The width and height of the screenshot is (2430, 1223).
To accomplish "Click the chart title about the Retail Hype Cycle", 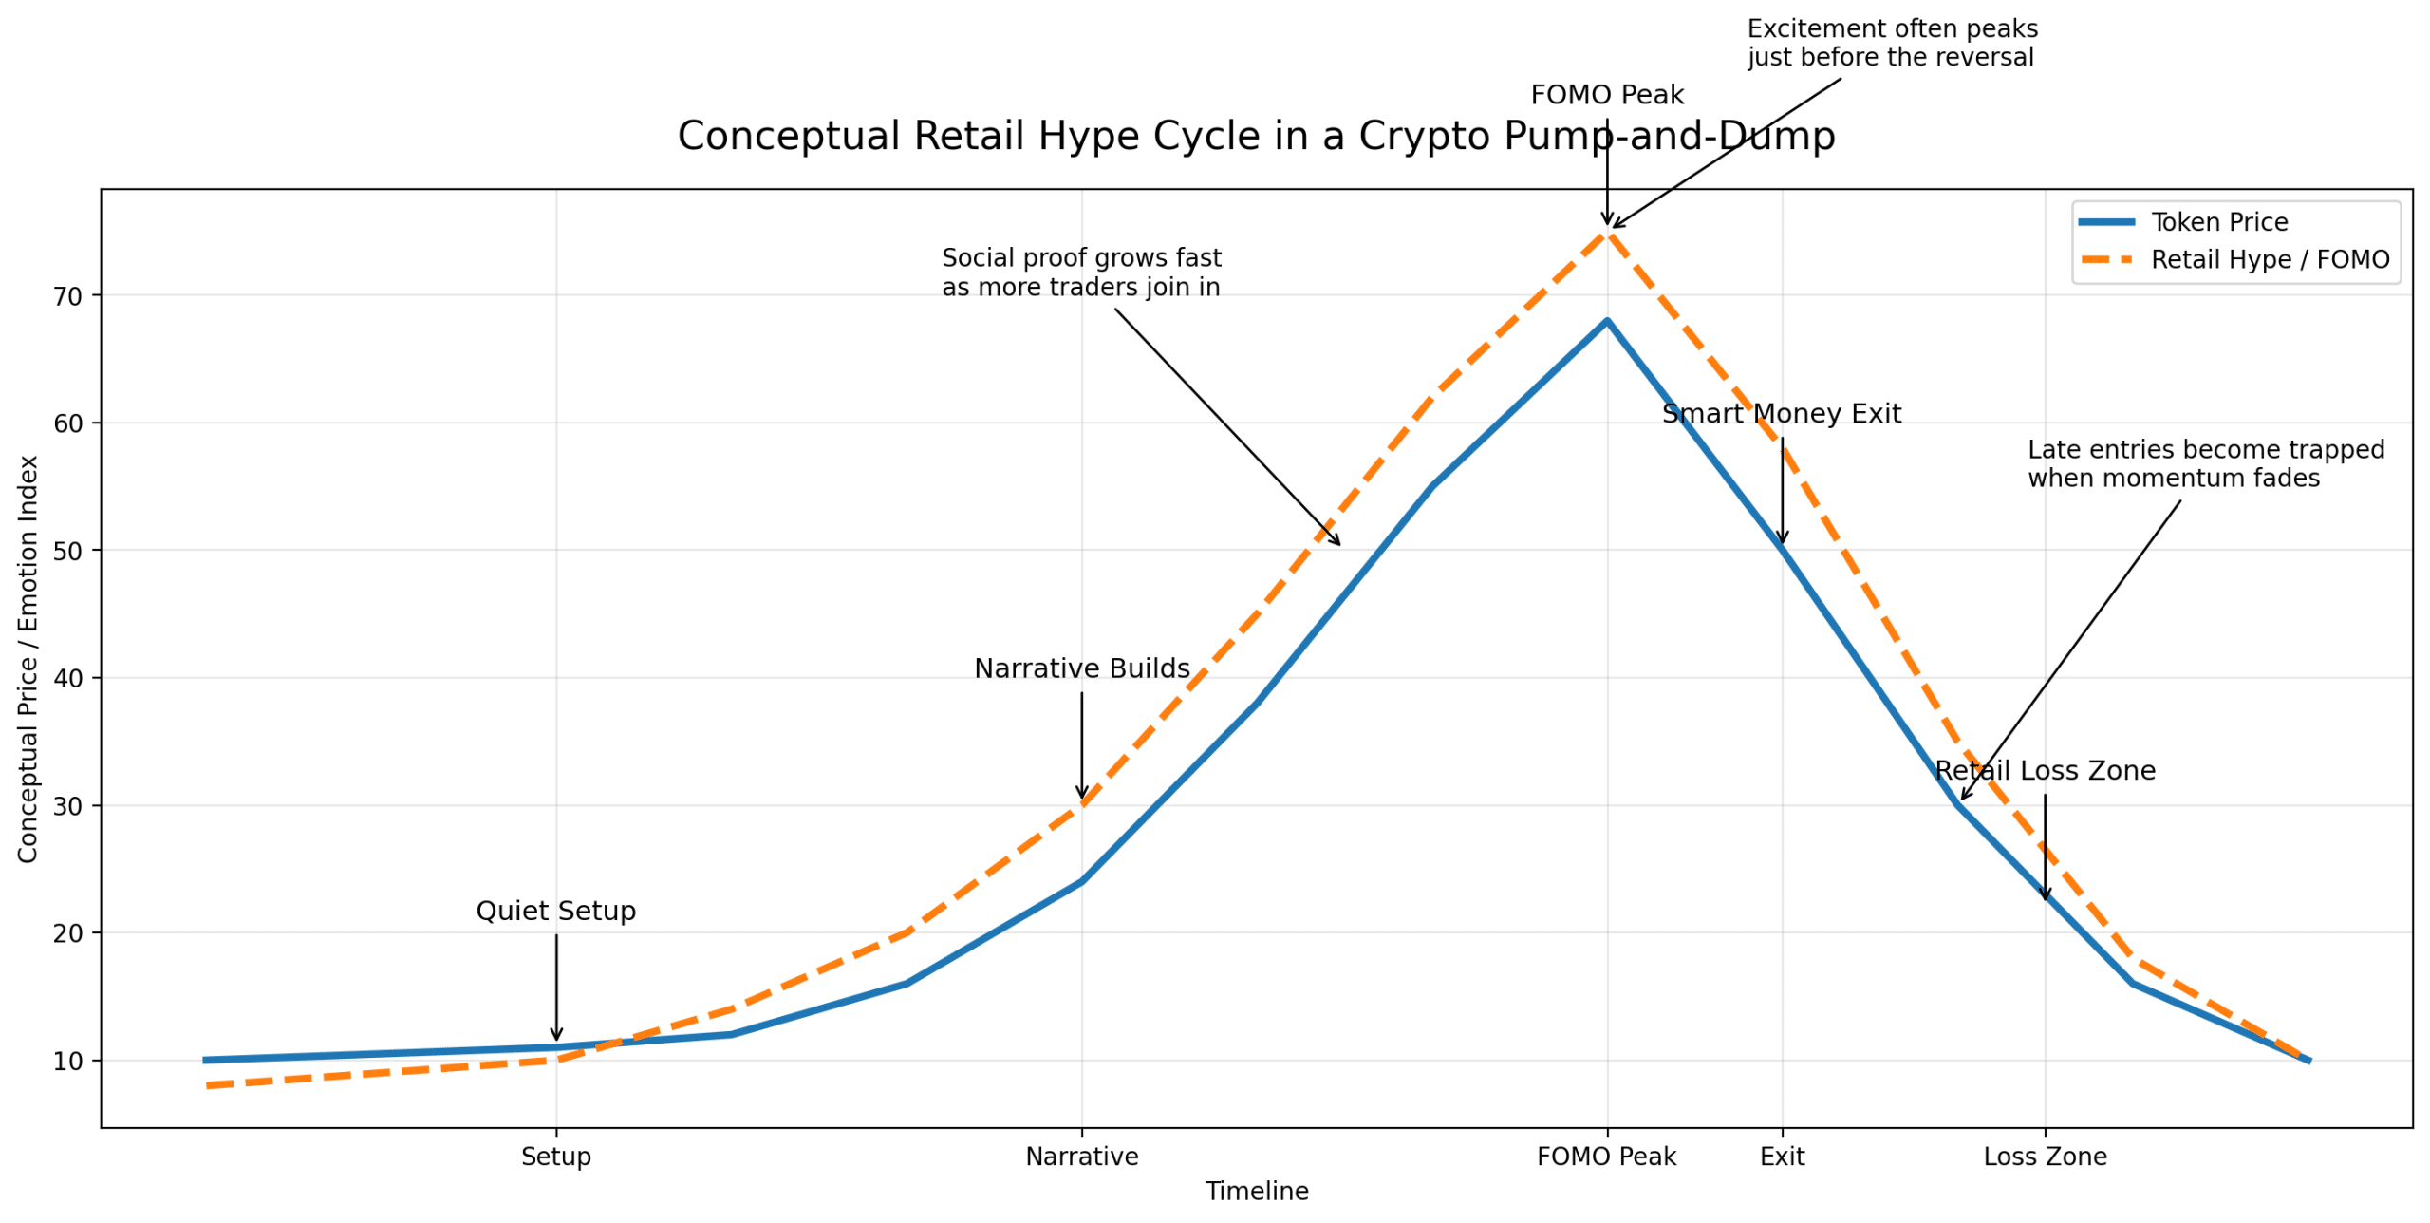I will (x=1255, y=136).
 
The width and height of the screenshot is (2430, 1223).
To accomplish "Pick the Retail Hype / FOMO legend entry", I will (x=2268, y=260).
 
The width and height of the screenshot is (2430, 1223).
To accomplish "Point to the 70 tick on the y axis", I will (x=67, y=297).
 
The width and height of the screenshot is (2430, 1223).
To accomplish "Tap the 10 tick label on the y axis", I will (x=67, y=1062).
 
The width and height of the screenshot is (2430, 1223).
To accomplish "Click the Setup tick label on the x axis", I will (x=556, y=1157).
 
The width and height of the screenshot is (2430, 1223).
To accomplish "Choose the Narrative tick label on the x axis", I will (x=1081, y=1157).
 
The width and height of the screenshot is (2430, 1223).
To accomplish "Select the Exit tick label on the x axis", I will (x=1782, y=1157).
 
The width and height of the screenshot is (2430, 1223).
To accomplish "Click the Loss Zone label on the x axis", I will (x=2045, y=1157).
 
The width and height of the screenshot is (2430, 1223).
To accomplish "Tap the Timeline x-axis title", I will (x=1256, y=1191).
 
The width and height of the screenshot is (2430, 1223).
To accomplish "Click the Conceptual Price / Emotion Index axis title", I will (x=28, y=658).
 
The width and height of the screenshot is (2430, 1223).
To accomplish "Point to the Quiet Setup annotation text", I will (x=556, y=911).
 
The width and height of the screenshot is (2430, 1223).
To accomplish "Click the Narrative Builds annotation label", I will (x=1081, y=668).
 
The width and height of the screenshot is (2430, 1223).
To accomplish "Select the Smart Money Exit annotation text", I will (x=1782, y=414).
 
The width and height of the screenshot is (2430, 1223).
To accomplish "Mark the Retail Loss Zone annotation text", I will (x=2045, y=770).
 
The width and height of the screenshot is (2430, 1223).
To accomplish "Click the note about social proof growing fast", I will (x=1080, y=273).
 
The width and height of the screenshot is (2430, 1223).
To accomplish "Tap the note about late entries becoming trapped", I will (x=2205, y=463).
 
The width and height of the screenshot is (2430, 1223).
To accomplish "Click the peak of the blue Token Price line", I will (x=1606, y=321).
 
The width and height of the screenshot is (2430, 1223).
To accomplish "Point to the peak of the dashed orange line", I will (x=1606, y=231).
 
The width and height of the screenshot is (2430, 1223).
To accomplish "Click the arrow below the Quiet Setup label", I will (x=556, y=988).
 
